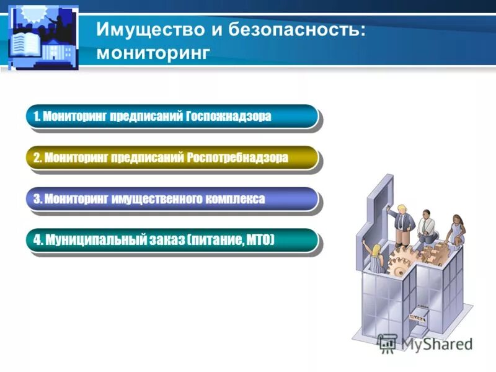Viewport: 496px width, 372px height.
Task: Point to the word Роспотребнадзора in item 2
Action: tap(237, 157)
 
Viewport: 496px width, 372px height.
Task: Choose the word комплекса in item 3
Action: tap(236, 199)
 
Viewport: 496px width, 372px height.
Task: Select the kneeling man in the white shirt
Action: tap(427, 226)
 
